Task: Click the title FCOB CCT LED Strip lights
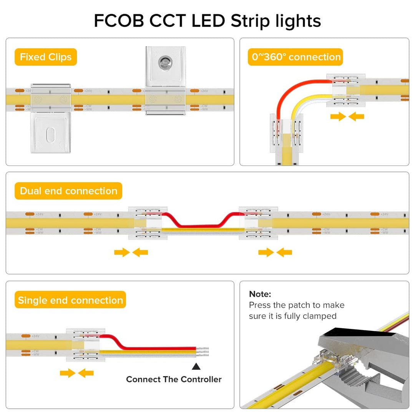207,21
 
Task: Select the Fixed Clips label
46,57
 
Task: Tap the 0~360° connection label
295,57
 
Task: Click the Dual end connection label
68,191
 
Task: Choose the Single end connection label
70,300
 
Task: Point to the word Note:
260,294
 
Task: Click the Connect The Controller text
174,379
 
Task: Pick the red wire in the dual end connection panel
200,226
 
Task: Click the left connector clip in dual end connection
145,223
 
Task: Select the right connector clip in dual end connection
256,223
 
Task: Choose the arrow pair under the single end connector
77,373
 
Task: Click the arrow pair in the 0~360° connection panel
347,116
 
